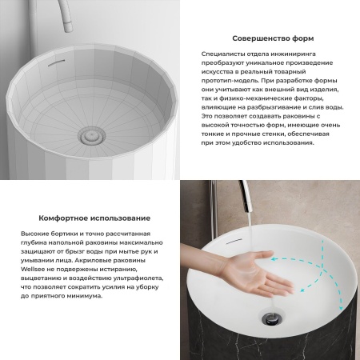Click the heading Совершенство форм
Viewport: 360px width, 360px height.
point(273,38)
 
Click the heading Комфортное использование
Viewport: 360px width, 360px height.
point(94,218)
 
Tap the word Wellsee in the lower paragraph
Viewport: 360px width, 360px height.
point(31,269)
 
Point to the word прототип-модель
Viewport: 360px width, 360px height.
point(230,81)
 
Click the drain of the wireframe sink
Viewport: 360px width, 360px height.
point(91,135)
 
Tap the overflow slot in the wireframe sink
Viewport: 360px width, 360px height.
point(56,62)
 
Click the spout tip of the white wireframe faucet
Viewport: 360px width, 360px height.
point(69,28)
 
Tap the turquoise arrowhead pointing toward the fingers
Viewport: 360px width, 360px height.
point(273,258)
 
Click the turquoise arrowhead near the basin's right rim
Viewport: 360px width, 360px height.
point(340,308)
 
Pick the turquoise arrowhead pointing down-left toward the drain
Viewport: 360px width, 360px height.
point(302,290)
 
